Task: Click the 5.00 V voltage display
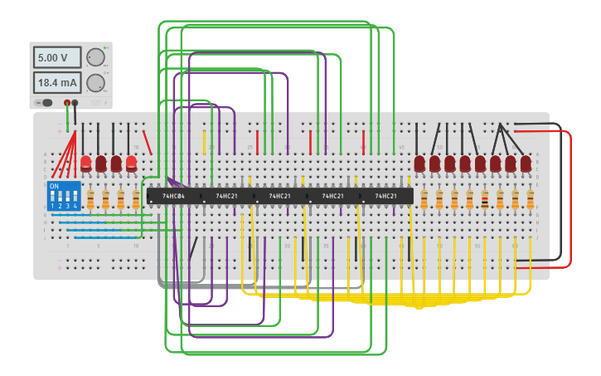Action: tap(56, 57)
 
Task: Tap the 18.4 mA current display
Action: tap(56, 83)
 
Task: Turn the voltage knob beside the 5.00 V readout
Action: tap(95, 57)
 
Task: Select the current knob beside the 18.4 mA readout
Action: tap(95, 83)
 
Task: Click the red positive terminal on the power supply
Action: tap(67, 103)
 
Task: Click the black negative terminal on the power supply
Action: tap(75, 103)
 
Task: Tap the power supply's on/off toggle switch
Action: tap(46, 103)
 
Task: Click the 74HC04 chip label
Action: tap(173, 197)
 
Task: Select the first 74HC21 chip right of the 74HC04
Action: tap(226, 197)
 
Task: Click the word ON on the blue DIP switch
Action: tap(55, 187)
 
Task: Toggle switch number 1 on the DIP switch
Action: tap(53, 198)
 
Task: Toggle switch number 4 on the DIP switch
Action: tap(75, 198)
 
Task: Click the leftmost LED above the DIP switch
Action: tap(85, 164)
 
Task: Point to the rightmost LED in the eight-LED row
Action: tap(526, 164)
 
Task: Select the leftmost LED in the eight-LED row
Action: tap(419, 164)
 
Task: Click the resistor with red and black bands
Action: tap(484, 200)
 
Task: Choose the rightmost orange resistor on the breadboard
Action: tap(530, 200)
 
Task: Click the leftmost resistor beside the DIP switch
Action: tap(90, 200)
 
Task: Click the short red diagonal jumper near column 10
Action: tap(147, 142)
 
